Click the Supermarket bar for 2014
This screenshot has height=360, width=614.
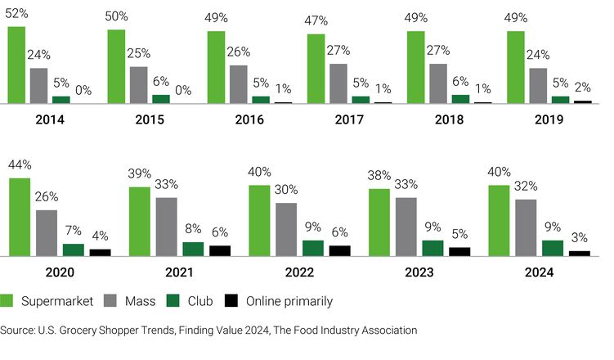pyautogui.click(x=17, y=65)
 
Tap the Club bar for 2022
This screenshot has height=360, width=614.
pyautogui.click(x=313, y=248)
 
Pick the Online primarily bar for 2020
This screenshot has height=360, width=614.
pyautogui.click(x=100, y=252)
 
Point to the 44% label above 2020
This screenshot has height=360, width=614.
pyautogui.click(x=20, y=166)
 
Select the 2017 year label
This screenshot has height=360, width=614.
pyautogui.click(x=349, y=119)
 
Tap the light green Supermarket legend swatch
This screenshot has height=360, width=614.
pyautogui.click(x=10, y=301)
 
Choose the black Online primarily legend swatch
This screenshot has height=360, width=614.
pyautogui.click(x=231, y=301)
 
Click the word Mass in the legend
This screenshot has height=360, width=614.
pyautogui.click(x=140, y=301)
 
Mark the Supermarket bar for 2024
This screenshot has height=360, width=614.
pyautogui.click(x=499, y=220)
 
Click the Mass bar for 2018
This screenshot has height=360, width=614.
pyautogui.click(x=438, y=83)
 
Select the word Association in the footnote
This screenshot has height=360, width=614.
pyautogui.click(x=385, y=331)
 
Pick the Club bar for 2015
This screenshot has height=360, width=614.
pyautogui.click(x=161, y=99)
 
